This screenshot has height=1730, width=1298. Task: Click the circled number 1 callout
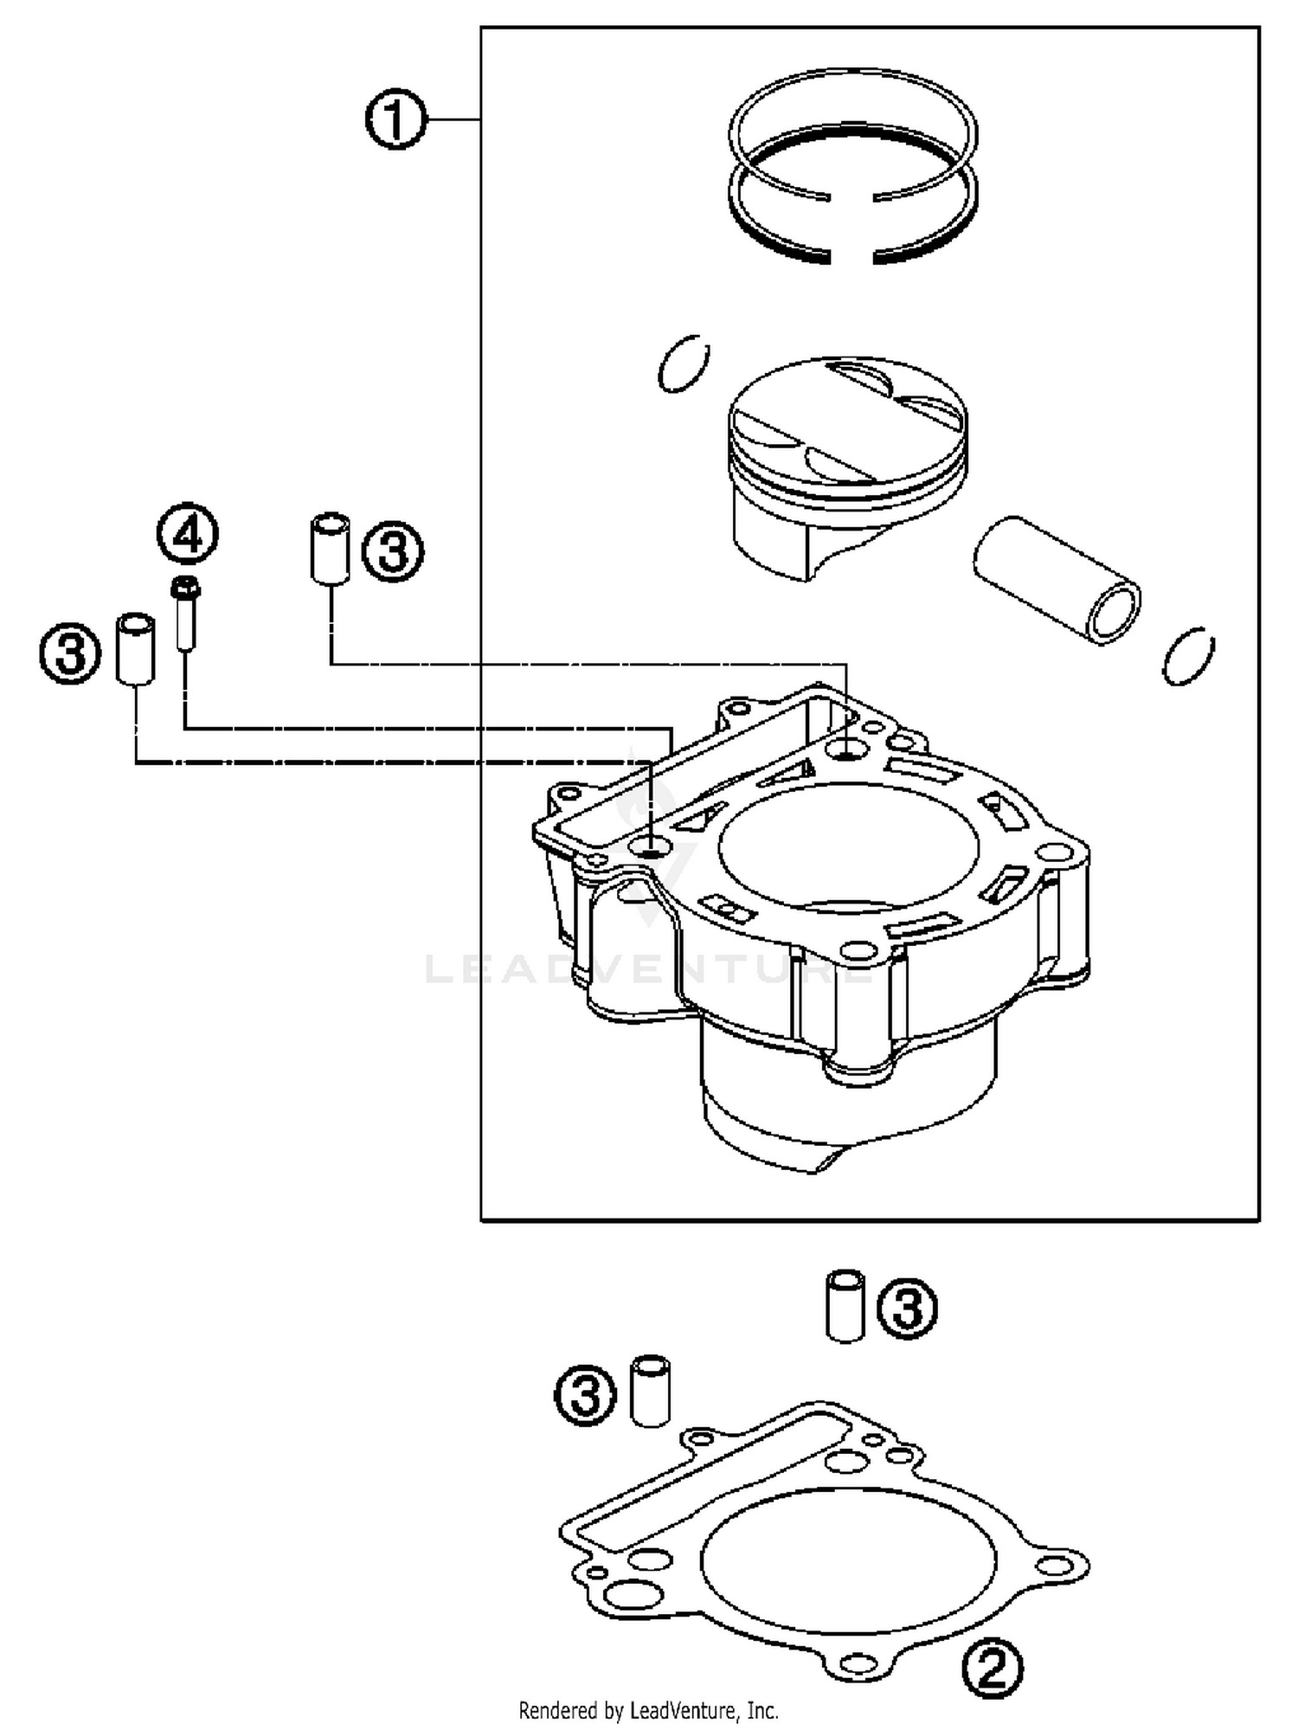tap(395, 121)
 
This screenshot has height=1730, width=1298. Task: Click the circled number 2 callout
tap(992, 1669)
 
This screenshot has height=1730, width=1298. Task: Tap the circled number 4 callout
tap(188, 534)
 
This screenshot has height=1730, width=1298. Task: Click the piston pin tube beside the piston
tap(1056, 580)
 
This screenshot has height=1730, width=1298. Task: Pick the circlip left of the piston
tap(684, 363)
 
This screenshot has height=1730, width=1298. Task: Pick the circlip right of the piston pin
tap(1188, 655)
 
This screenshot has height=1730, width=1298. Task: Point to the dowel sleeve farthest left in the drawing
tap(136, 649)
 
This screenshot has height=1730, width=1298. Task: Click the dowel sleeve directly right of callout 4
tap(330, 547)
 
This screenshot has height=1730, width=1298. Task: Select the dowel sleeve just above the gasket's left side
tap(651, 1391)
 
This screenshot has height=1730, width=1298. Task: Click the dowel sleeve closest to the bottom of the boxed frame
tap(845, 1307)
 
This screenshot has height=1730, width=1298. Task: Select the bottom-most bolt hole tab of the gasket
tap(856, 1662)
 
